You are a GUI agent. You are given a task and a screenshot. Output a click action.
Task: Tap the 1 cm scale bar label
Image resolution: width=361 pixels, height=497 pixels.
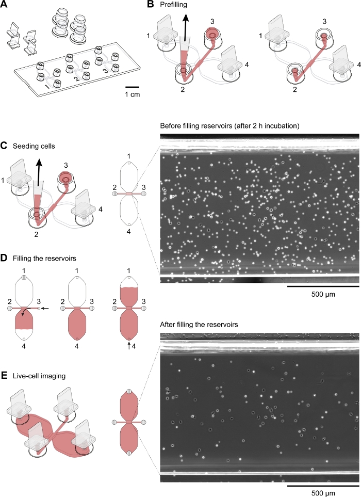point(134,94)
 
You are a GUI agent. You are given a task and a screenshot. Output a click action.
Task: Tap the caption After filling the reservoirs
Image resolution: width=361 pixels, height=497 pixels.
point(205,325)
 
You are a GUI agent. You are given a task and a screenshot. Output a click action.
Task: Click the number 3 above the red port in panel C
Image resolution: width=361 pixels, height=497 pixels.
point(66,164)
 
